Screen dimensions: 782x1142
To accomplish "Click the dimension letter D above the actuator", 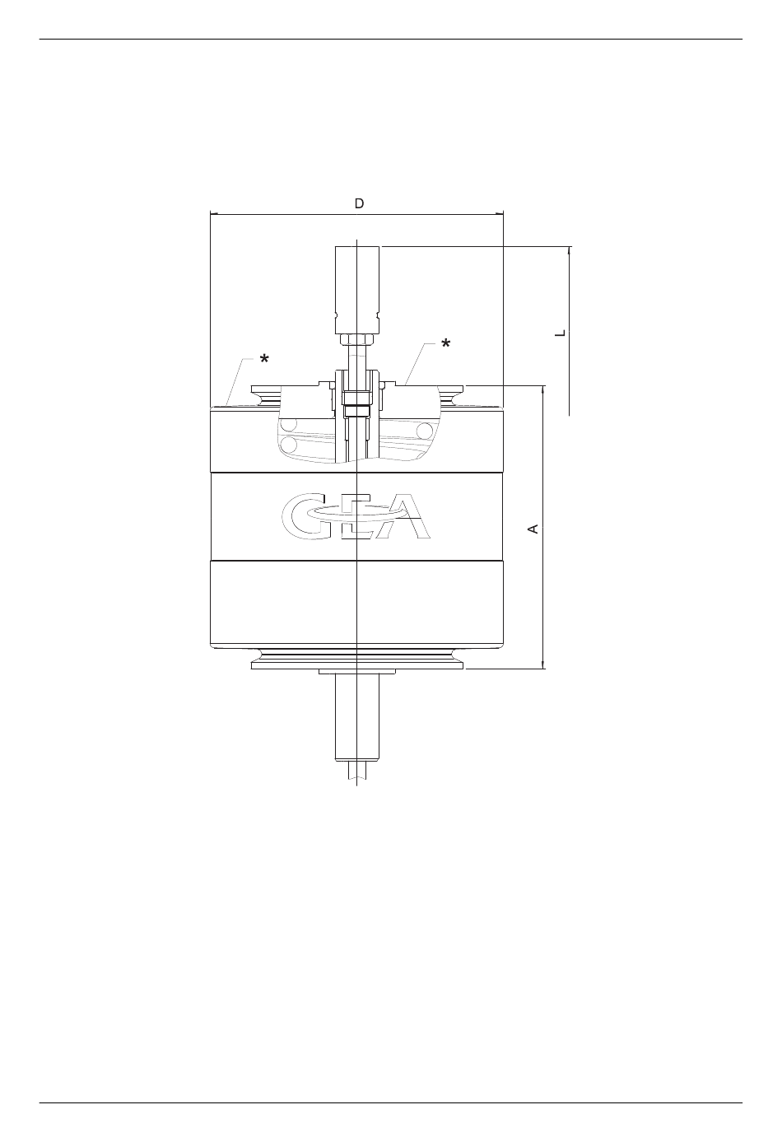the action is click(x=360, y=204).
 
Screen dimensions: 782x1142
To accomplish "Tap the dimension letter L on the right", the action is click(x=561, y=333).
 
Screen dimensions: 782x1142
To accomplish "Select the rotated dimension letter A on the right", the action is click(x=533, y=529).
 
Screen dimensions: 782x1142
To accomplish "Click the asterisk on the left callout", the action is click(x=264, y=359).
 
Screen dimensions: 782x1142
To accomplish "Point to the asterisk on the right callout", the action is click(x=446, y=343).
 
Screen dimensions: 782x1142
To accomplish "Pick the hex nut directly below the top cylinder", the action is click(x=357, y=340).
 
